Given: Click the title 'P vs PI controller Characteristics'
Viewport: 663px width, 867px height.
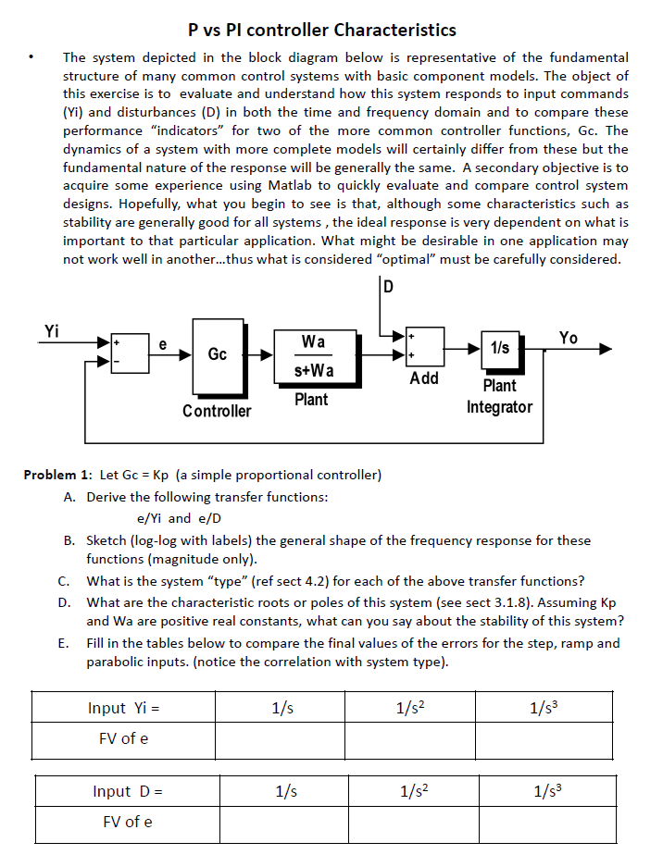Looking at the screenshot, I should (x=321, y=31).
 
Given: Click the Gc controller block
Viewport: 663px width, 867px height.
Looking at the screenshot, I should (x=218, y=354).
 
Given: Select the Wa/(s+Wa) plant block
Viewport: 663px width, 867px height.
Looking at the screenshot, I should (x=312, y=355).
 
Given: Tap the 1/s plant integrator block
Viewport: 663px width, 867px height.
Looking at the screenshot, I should (x=499, y=349).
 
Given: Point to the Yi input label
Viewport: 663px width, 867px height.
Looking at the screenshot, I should (x=52, y=330).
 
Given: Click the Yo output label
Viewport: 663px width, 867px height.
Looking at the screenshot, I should (x=569, y=338).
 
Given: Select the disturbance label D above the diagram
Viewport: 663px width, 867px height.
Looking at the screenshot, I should (x=388, y=286).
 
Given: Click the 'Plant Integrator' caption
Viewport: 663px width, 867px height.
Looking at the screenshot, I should (x=499, y=396).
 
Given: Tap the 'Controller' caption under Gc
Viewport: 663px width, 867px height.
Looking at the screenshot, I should (x=217, y=410).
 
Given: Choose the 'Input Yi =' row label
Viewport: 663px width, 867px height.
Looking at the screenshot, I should (x=124, y=708).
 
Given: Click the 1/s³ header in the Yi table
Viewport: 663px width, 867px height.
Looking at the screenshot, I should (x=544, y=708).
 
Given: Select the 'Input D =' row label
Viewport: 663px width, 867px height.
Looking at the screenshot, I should (x=128, y=791).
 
